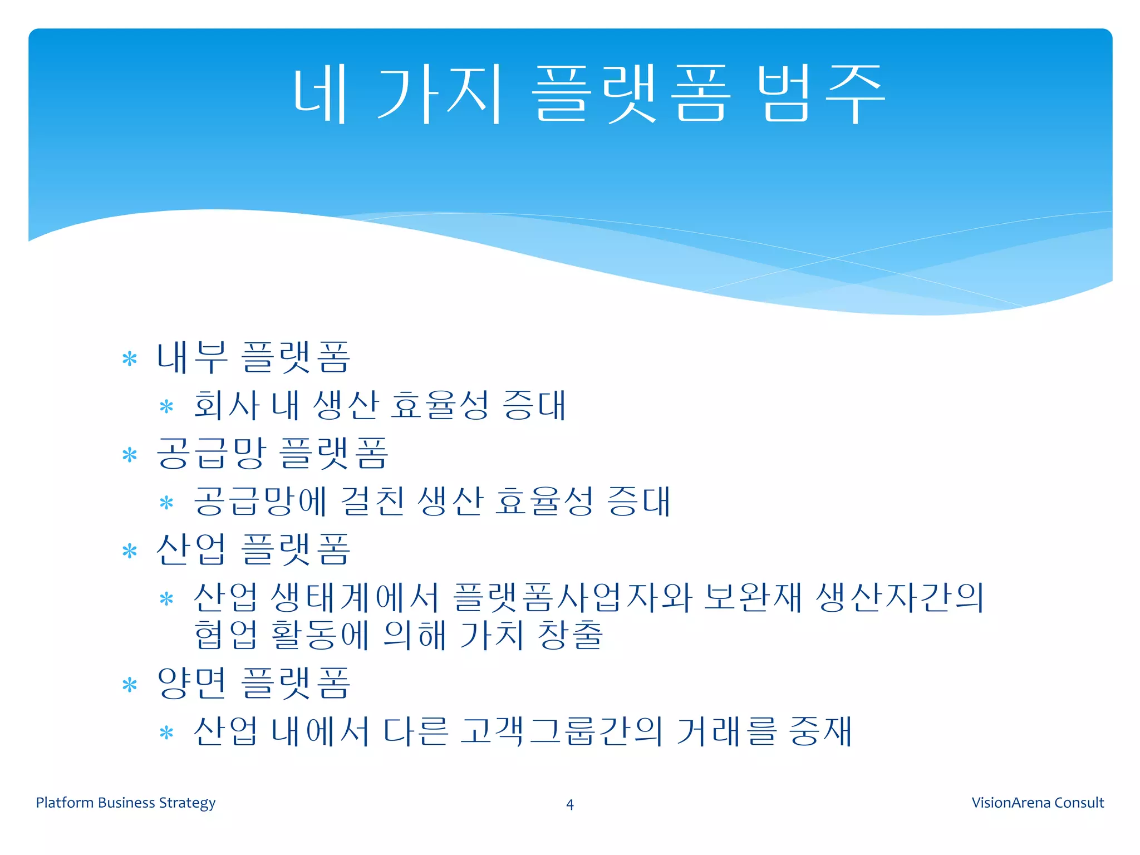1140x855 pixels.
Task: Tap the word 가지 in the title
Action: click(440, 94)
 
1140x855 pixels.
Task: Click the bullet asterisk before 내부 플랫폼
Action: click(130, 359)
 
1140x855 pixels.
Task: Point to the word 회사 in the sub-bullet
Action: click(227, 405)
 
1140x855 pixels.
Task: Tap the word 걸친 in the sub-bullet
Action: click(372, 501)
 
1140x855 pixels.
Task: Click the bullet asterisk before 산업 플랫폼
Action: click(130, 552)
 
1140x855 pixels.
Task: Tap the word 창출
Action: click(571, 635)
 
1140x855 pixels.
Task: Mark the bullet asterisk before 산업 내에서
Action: click(166, 733)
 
